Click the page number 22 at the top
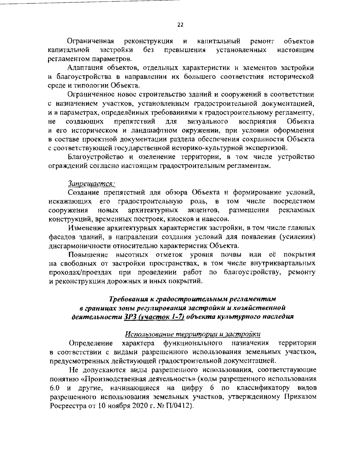[x=180, y=25]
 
